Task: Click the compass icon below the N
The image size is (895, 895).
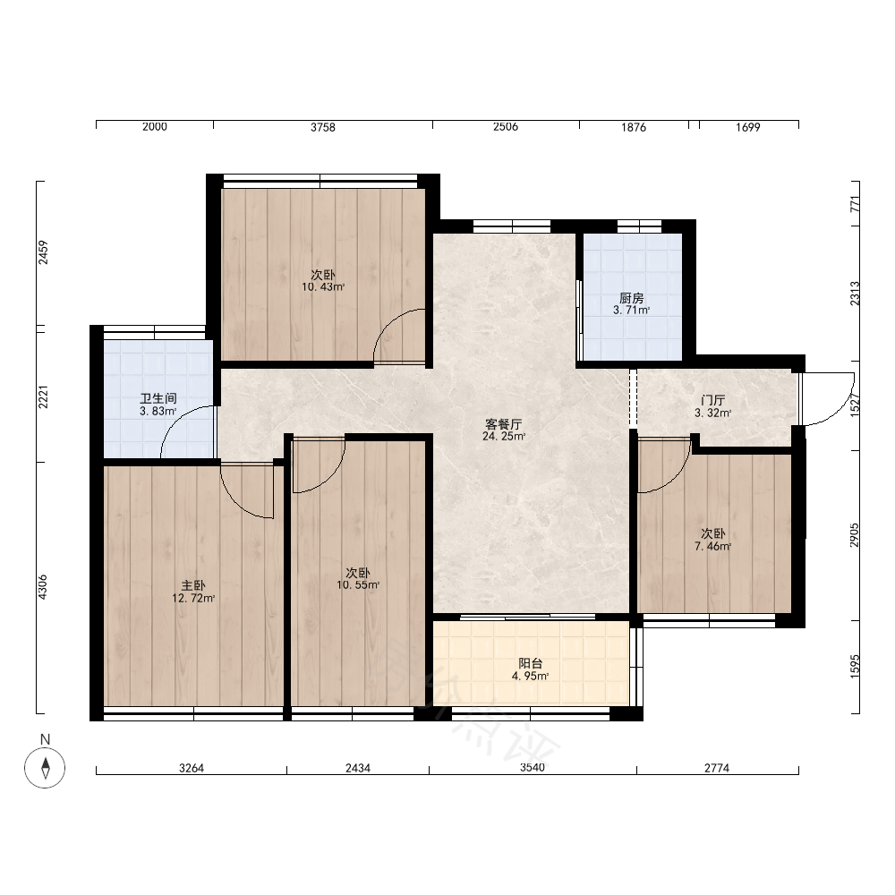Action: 45,767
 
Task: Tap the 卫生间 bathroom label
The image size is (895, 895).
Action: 158,398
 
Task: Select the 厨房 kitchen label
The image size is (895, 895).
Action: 631,298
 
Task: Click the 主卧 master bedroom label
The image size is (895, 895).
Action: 193,585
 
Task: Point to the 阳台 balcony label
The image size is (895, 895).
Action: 530,663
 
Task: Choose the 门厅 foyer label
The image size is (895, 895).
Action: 712,400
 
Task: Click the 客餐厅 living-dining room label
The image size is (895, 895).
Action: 503,424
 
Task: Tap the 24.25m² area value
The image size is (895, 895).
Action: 504,437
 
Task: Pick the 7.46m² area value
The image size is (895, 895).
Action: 713,546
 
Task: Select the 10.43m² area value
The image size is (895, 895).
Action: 323,287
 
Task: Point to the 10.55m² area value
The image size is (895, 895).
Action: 358,585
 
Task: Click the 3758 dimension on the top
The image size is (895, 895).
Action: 323,127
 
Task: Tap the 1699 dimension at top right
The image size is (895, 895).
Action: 747,127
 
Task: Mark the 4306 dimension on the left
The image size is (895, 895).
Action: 43,587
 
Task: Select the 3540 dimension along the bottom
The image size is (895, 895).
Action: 532,767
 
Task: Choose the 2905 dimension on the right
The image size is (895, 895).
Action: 854,535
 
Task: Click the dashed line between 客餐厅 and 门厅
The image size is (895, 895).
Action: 633,398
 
